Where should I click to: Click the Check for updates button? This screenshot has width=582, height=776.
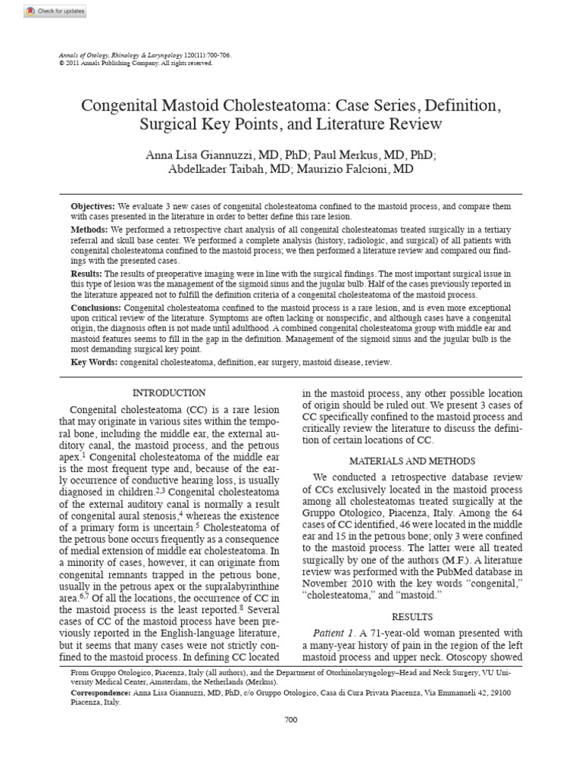pos(55,11)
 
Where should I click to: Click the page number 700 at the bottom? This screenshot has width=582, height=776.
pos(291,720)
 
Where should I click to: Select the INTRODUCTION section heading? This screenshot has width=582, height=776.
pos(169,393)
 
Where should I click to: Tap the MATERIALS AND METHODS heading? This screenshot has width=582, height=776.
pos(412,461)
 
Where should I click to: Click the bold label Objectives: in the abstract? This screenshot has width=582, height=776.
pos(93,206)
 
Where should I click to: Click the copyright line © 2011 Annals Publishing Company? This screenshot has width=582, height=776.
pos(136,64)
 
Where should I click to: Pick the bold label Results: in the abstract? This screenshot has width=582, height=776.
pos(86,273)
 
